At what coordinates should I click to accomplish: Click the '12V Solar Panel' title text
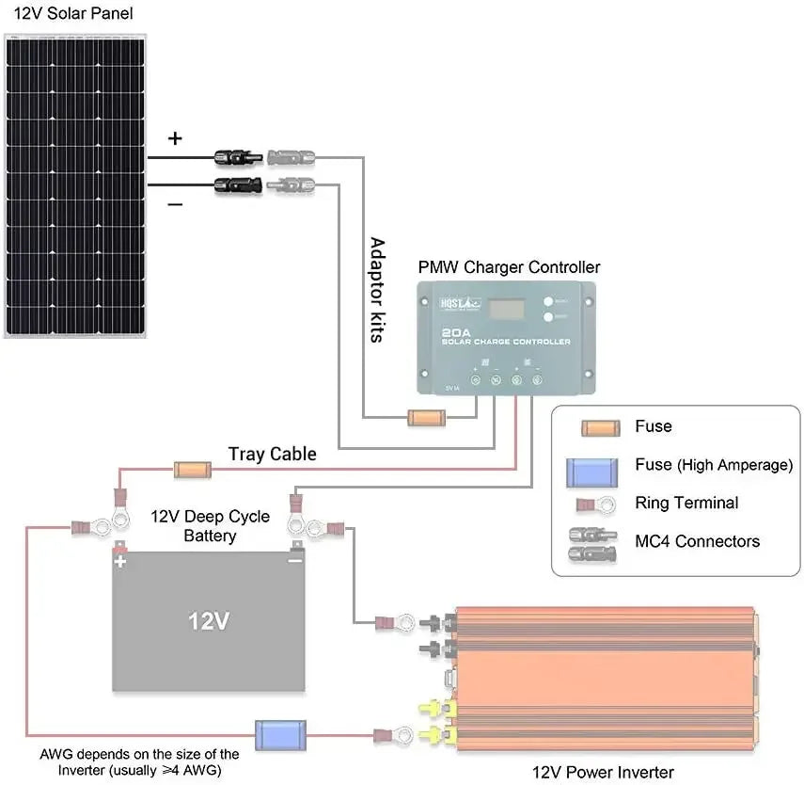click(x=72, y=13)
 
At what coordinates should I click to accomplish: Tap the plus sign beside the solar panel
click(x=175, y=138)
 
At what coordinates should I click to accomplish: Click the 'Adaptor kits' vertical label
click(x=377, y=289)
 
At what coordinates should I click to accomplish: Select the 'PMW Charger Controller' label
click(x=509, y=267)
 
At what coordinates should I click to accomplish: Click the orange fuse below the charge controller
click(x=425, y=417)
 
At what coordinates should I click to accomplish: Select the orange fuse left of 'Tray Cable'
click(x=193, y=468)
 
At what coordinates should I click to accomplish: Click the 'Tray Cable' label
click(x=273, y=455)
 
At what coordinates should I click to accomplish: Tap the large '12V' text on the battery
click(x=209, y=622)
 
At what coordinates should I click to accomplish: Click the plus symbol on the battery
click(x=120, y=562)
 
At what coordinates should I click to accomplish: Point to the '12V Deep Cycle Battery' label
click(x=210, y=526)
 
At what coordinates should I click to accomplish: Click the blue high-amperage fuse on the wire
click(x=279, y=734)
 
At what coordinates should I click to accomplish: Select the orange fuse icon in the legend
click(x=598, y=427)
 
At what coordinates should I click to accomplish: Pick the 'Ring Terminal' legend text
click(x=686, y=503)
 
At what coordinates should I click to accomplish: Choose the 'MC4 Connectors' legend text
click(x=697, y=541)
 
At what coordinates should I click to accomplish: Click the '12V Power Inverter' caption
click(x=603, y=772)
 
